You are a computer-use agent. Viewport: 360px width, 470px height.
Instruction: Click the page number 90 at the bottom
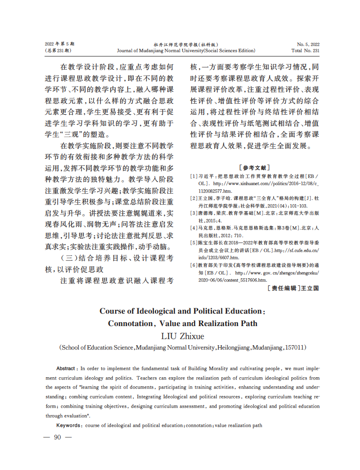click(x=57, y=437)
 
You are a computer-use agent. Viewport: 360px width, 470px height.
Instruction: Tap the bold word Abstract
click(x=65, y=369)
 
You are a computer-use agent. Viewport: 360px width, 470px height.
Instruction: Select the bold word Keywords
click(x=69, y=425)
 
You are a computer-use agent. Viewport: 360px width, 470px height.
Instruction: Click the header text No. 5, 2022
click(x=308, y=44)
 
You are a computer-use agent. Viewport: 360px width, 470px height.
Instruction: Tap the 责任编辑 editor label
click(x=283, y=288)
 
